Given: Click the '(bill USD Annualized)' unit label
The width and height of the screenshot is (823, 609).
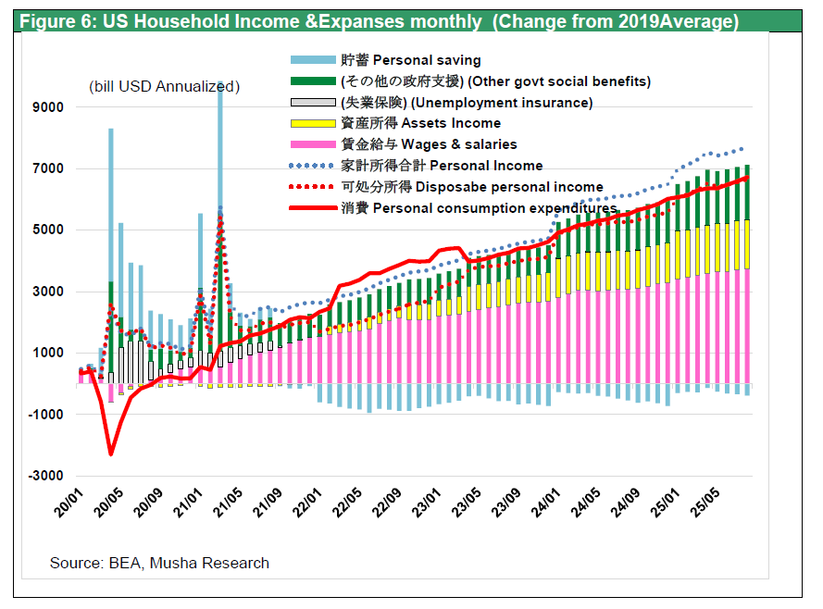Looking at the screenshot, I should click(165, 87).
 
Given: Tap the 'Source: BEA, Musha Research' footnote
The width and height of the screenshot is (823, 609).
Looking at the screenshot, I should click(159, 563).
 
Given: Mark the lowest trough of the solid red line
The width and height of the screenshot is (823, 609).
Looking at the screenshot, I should click(111, 454).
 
